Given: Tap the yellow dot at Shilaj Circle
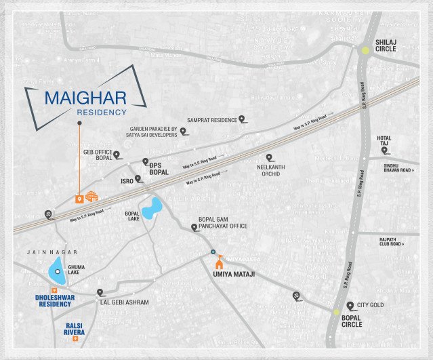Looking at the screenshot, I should click(x=365, y=49).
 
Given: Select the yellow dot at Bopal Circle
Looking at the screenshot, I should click(x=337, y=312).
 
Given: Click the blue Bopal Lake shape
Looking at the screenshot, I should click(x=152, y=207).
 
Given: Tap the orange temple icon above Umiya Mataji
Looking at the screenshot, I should click(x=218, y=263).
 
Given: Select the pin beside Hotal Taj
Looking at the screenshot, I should click(x=384, y=150).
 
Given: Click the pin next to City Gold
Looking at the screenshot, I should click(x=350, y=305).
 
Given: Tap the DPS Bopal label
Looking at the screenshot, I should click(x=159, y=169).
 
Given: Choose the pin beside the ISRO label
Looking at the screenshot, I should click(x=138, y=180).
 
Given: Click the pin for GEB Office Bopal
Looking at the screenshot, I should click(x=117, y=155).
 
